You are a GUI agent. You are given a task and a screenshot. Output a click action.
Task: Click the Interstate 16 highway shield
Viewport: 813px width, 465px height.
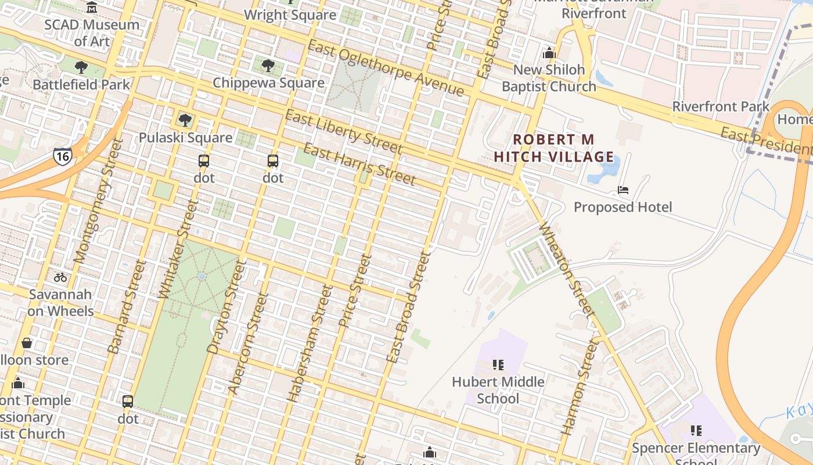(63, 156)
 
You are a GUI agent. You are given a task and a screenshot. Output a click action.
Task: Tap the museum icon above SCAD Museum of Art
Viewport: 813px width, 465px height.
(92, 8)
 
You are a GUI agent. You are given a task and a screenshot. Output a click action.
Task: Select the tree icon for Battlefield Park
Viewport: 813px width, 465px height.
(81, 67)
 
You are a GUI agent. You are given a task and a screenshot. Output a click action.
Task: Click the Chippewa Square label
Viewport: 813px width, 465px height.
(268, 83)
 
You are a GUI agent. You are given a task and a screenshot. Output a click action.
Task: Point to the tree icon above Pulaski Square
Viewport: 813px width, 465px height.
(185, 120)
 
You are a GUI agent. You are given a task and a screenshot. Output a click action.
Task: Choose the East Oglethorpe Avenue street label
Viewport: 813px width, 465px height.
(386, 69)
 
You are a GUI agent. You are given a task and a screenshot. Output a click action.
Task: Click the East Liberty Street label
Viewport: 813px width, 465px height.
(343, 131)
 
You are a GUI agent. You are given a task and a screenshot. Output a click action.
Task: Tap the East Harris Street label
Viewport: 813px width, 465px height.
(359, 164)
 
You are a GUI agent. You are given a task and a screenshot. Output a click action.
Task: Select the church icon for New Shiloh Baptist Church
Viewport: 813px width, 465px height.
(549, 53)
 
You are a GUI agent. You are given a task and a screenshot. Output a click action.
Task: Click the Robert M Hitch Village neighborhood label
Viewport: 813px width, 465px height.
(553, 148)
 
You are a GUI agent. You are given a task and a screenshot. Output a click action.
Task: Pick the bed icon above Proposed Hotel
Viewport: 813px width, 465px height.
(623, 190)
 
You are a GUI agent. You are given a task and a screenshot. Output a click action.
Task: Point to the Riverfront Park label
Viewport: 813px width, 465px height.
(721, 106)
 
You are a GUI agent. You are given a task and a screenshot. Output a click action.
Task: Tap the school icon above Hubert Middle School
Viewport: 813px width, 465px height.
(498, 365)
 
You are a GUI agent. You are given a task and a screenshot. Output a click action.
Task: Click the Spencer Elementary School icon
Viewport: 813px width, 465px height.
(696, 431)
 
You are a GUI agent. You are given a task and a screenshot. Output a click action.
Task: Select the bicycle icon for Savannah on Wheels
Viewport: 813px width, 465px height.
(60, 277)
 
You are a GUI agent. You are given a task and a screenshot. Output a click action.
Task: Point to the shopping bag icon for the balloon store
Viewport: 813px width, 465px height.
(26, 343)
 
